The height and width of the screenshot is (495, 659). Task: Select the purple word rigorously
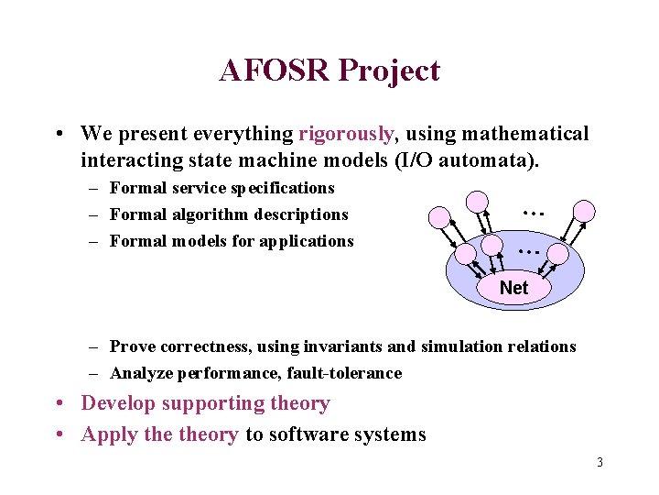tap(346, 134)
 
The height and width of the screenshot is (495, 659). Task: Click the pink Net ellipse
tap(513, 288)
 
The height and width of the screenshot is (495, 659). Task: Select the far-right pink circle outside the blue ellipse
tap(583, 211)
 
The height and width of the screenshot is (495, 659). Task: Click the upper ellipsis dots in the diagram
tap(533, 212)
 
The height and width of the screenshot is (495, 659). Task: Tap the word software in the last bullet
tap(301, 434)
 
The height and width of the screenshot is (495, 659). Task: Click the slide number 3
tap(600, 462)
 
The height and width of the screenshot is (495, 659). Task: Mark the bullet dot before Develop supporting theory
tap(59, 404)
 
